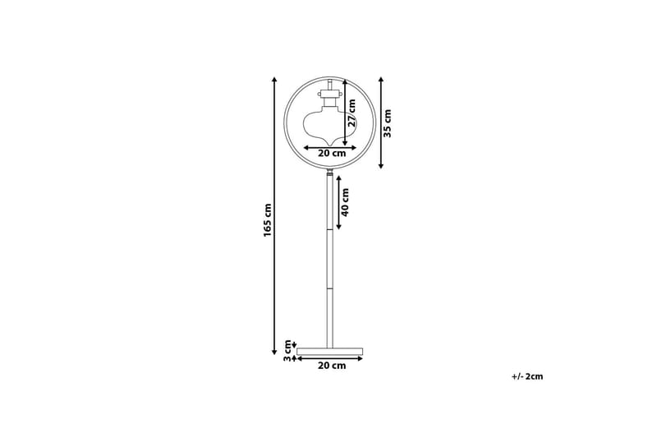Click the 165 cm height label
[x=268, y=219]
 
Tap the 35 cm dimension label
[x=388, y=122]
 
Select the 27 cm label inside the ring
[x=351, y=113]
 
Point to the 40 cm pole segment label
[x=345, y=202]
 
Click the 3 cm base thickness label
[x=287, y=351]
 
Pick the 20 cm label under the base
[x=332, y=366]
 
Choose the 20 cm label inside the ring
[x=332, y=154]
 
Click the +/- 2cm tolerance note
[x=526, y=376]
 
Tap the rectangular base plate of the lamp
[x=329, y=351]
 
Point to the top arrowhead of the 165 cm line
[x=274, y=80]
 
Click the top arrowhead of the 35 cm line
[x=381, y=80]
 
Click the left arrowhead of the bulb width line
[x=306, y=148]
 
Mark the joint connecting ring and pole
[x=329, y=173]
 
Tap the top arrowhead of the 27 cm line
[x=345, y=82]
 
